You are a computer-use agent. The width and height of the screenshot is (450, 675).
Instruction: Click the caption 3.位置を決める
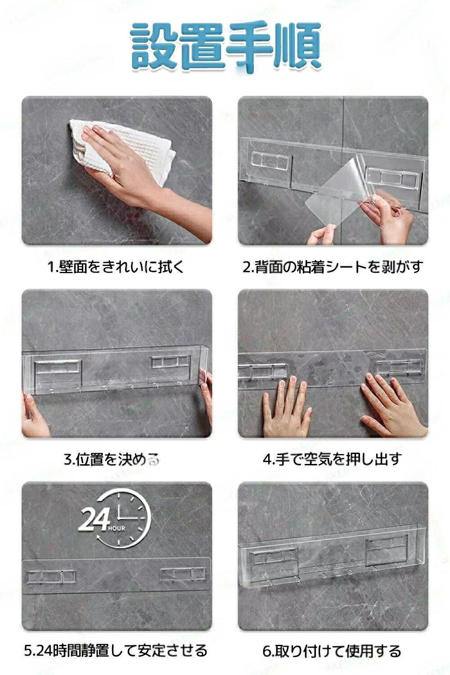(x=112, y=460)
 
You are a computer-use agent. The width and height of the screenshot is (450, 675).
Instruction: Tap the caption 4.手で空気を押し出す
(x=333, y=460)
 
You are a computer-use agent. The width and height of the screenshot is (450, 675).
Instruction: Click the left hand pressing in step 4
(x=286, y=407)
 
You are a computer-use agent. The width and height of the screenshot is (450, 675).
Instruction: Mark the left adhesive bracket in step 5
(x=52, y=576)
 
